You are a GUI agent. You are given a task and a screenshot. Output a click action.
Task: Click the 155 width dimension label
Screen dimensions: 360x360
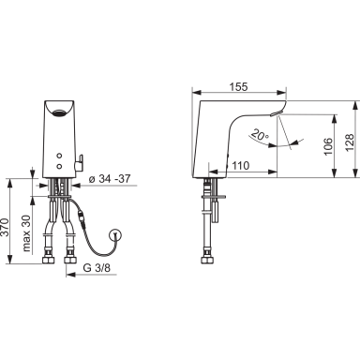click(238, 86)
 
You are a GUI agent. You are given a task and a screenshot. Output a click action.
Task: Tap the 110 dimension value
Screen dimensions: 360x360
click(240, 166)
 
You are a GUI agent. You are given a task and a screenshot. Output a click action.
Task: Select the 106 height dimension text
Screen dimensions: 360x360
click(327, 146)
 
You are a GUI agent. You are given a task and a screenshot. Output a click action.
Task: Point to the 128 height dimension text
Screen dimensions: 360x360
click(350, 142)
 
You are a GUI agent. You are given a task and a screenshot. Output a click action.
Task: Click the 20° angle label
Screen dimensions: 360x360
click(260, 134)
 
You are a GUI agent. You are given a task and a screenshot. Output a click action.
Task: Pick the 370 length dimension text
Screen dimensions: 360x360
click(5, 228)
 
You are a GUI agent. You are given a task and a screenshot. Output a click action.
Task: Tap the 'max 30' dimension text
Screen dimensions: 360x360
click(27, 233)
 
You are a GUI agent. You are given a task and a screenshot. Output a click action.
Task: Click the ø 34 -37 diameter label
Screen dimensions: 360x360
click(110, 179)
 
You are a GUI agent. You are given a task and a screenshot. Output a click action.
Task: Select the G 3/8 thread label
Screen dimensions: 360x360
click(97, 268)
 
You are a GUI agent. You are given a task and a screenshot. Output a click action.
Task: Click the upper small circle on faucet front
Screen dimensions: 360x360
click(59, 156)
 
